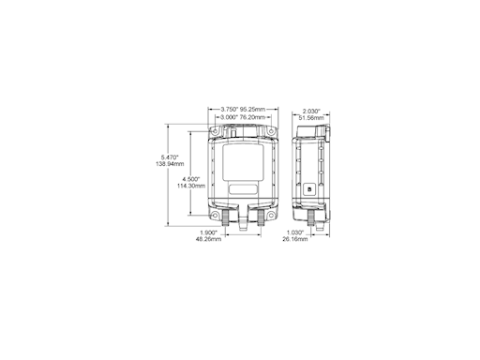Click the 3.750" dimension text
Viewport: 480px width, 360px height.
pyautogui.click(x=230, y=110)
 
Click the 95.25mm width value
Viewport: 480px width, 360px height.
pyautogui.click(x=255, y=110)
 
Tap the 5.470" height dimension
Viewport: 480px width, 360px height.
pyautogui.click(x=170, y=157)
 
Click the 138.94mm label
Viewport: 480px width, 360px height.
pyautogui.click(x=170, y=165)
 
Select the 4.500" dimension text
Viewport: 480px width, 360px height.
pyautogui.click(x=191, y=178)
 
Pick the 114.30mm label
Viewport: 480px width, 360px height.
pyautogui.click(x=191, y=186)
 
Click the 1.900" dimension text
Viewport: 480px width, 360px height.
pyautogui.click(x=209, y=232)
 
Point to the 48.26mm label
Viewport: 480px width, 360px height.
pyautogui.click(x=209, y=239)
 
